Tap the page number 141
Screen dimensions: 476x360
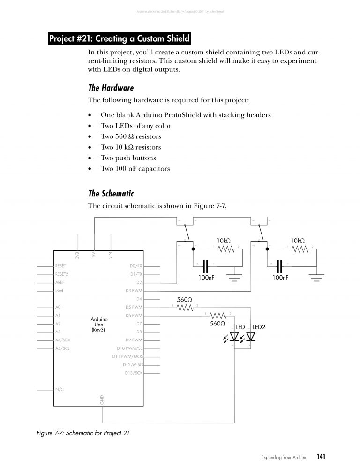point(321,456)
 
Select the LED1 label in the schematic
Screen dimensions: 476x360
point(241,326)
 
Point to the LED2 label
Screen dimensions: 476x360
point(259,326)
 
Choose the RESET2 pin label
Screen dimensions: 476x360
point(62,274)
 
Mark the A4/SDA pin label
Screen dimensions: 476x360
point(63,340)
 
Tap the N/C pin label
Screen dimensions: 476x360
point(60,389)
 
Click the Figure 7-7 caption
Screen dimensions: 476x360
point(83,433)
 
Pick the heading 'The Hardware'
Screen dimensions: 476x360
point(111,88)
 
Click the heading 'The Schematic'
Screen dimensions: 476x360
point(112,193)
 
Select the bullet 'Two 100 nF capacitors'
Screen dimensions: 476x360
point(135,169)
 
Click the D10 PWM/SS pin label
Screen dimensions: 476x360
point(129,348)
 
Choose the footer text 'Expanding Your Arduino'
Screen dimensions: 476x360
point(284,457)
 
